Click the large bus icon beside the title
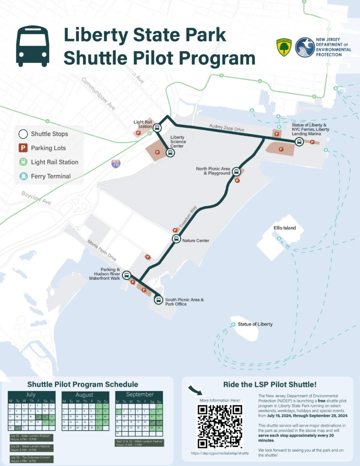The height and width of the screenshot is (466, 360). (33, 46)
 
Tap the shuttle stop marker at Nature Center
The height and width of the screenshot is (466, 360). (176, 239)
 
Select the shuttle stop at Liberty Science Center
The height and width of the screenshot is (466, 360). (170, 153)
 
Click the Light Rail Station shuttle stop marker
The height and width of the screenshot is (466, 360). (157, 128)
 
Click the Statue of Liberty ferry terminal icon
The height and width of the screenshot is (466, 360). (233, 324)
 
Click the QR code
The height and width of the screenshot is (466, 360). (219, 425)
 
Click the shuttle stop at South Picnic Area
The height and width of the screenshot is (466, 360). (158, 299)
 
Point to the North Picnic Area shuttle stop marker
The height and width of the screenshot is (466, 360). (236, 172)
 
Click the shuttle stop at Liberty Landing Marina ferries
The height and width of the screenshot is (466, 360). (299, 142)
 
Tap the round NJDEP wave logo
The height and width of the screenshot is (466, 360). (304, 47)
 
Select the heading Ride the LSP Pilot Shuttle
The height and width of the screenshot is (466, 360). (267, 385)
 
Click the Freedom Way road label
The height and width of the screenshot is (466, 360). (188, 217)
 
